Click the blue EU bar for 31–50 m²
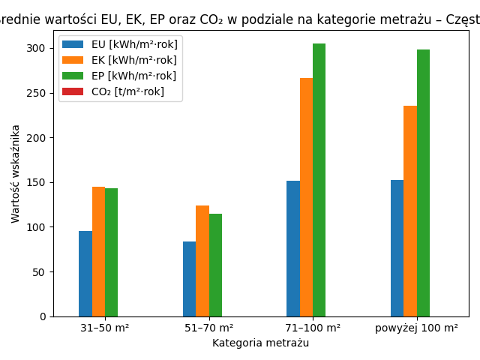(x=85, y=274)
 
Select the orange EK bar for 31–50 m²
(x=98, y=252)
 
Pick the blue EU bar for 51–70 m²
(x=189, y=279)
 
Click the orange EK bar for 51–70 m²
(x=202, y=261)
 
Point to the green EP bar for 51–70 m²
(x=215, y=265)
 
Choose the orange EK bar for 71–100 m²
(x=306, y=197)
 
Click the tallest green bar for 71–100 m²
(x=319, y=180)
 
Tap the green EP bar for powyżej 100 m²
(x=423, y=183)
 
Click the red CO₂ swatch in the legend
(x=73, y=91)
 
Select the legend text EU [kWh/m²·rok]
(x=134, y=44)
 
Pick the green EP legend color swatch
(x=73, y=76)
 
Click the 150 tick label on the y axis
(x=36, y=182)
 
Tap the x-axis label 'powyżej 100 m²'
(x=416, y=328)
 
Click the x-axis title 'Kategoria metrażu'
(x=260, y=343)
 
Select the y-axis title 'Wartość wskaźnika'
(x=16, y=173)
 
